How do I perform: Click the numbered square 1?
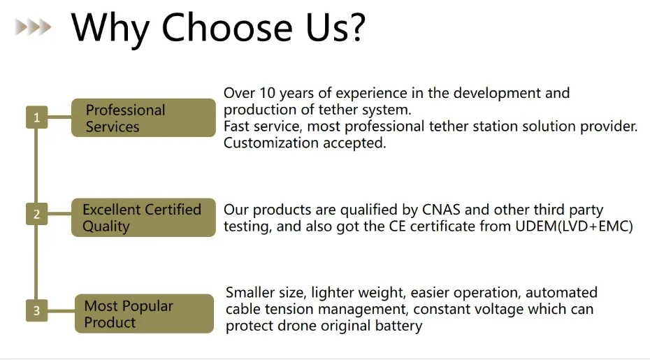[x=36, y=117]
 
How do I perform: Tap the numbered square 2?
[x=36, y=214]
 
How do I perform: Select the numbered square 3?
[x=36, y=310]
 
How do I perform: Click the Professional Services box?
[x=143, y=118]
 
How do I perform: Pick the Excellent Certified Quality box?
[x=143, y=217]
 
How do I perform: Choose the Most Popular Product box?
[x=144, y=314]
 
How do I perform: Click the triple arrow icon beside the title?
[x=33, y=27]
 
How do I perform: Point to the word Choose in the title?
[x=226, y=27]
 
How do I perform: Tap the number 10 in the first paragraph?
[x=268, y=93]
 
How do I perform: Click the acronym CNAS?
[x=441, y=210]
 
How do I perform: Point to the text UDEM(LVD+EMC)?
[x=574, y=226]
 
